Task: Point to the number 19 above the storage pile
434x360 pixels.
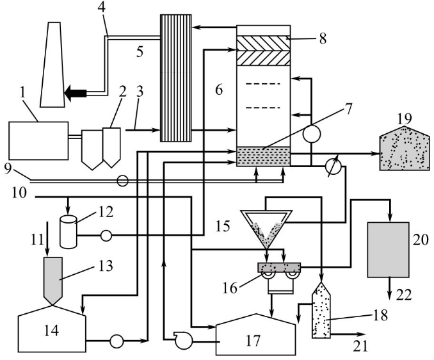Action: click(404, 118)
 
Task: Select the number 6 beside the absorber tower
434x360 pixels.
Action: click(219, 92)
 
